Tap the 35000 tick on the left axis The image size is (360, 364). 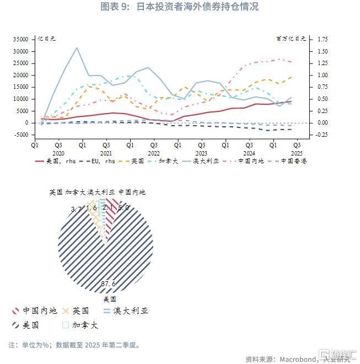coord(21,39)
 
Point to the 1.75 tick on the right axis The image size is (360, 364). coord(322,39)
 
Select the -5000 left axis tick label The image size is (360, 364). coord(21,135)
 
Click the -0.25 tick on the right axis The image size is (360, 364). coord(322,135)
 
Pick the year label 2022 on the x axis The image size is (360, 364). coord(154,153)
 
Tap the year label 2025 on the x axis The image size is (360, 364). coord(297,153)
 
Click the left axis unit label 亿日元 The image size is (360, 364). coord(46,39)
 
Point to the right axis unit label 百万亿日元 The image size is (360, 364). coord(291,39)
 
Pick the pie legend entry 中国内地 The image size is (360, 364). coord(39,311)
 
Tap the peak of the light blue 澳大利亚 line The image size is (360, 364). coord(77,47)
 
